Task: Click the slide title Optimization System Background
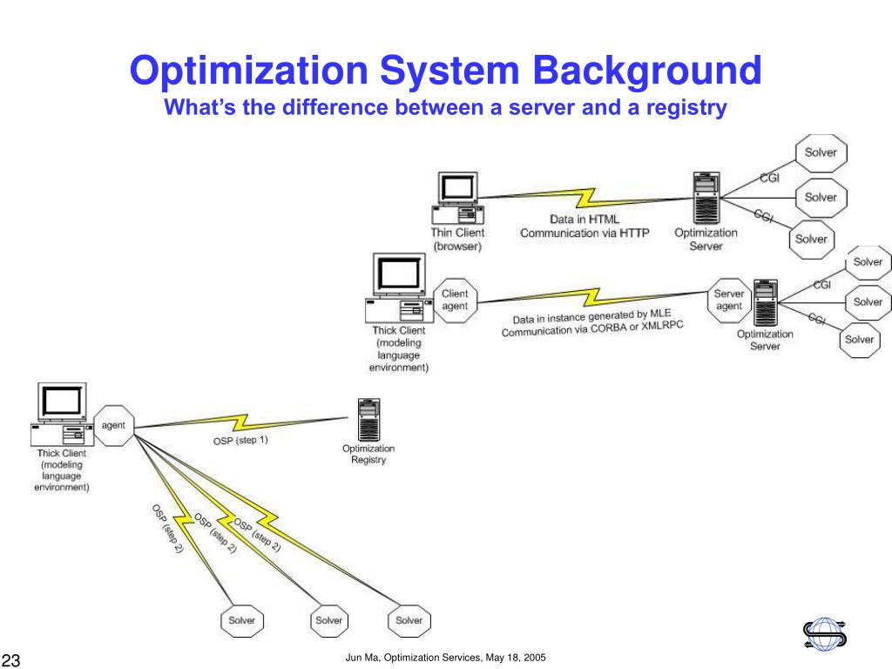(x=445, y=71)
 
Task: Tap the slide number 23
(x=11, y=659)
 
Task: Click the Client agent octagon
(x=455, y=301)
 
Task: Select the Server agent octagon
(x=729, y=301)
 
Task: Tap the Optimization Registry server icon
(x=368, y=420)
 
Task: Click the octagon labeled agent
(x=113, y=426)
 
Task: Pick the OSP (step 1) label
(x=240, y=440)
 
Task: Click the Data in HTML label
(x=583, y=220)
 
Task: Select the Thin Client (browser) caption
(x=457, y=240)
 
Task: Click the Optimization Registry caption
(x=368, y=454)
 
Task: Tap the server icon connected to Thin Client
(x=706, y=199)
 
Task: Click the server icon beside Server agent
(x=766, y=301)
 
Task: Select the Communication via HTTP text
(x=585, y=233)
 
